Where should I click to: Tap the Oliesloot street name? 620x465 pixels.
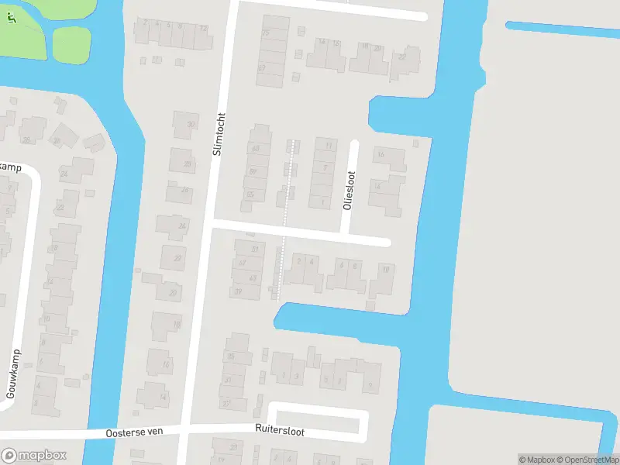pyautogui.click(x=348, y=191)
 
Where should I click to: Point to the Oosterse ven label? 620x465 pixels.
pyautogui.click(x=134, y=432)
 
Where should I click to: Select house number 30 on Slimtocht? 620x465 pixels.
pyautogui.click(x=190, y=125)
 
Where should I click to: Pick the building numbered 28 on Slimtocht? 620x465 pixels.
pyautogui.click(x=187, y=164)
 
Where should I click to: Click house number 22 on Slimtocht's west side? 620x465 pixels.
pyautogui.click(x=177, y=258)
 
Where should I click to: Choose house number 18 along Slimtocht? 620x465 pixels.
pyautogui.click(x=176, y=325)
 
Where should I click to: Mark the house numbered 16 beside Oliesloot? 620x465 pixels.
pyautogui.click(x=381, y=155)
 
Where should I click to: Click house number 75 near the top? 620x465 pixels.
pyautogui.click(x=266, y=33)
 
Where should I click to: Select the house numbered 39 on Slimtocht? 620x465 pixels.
pyautogui.click(x=239, y=291)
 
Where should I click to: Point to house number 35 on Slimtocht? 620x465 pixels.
pyautogui.click(x=230, y=356)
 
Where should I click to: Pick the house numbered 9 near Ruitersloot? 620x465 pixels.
pyautogui.click(x=370, y=384)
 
